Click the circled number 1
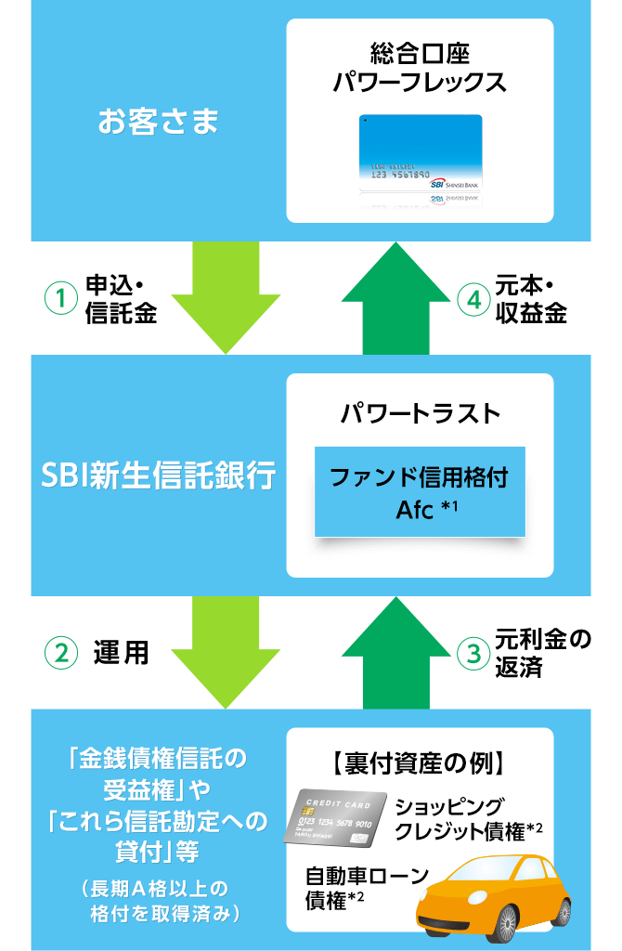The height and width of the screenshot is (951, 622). (60, 299)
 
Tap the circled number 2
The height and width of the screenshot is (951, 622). (60, 653)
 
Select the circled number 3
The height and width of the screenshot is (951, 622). (473, 653)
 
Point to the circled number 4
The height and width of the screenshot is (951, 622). (473, 299)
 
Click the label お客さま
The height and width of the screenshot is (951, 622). (159, 123)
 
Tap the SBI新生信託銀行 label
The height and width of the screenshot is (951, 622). (159, 475)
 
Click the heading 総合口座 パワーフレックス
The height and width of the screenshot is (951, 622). (420, 67)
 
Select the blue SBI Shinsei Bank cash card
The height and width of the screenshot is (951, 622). (421, 153)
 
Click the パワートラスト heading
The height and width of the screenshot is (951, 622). (420, 412)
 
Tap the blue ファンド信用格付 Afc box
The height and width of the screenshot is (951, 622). (420, 492)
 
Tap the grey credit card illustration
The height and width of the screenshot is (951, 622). (335, 817)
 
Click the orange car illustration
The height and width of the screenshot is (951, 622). (501, 892)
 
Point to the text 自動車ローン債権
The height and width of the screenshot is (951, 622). (367, 887)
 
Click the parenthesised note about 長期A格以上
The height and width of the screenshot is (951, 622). (159, 899)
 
